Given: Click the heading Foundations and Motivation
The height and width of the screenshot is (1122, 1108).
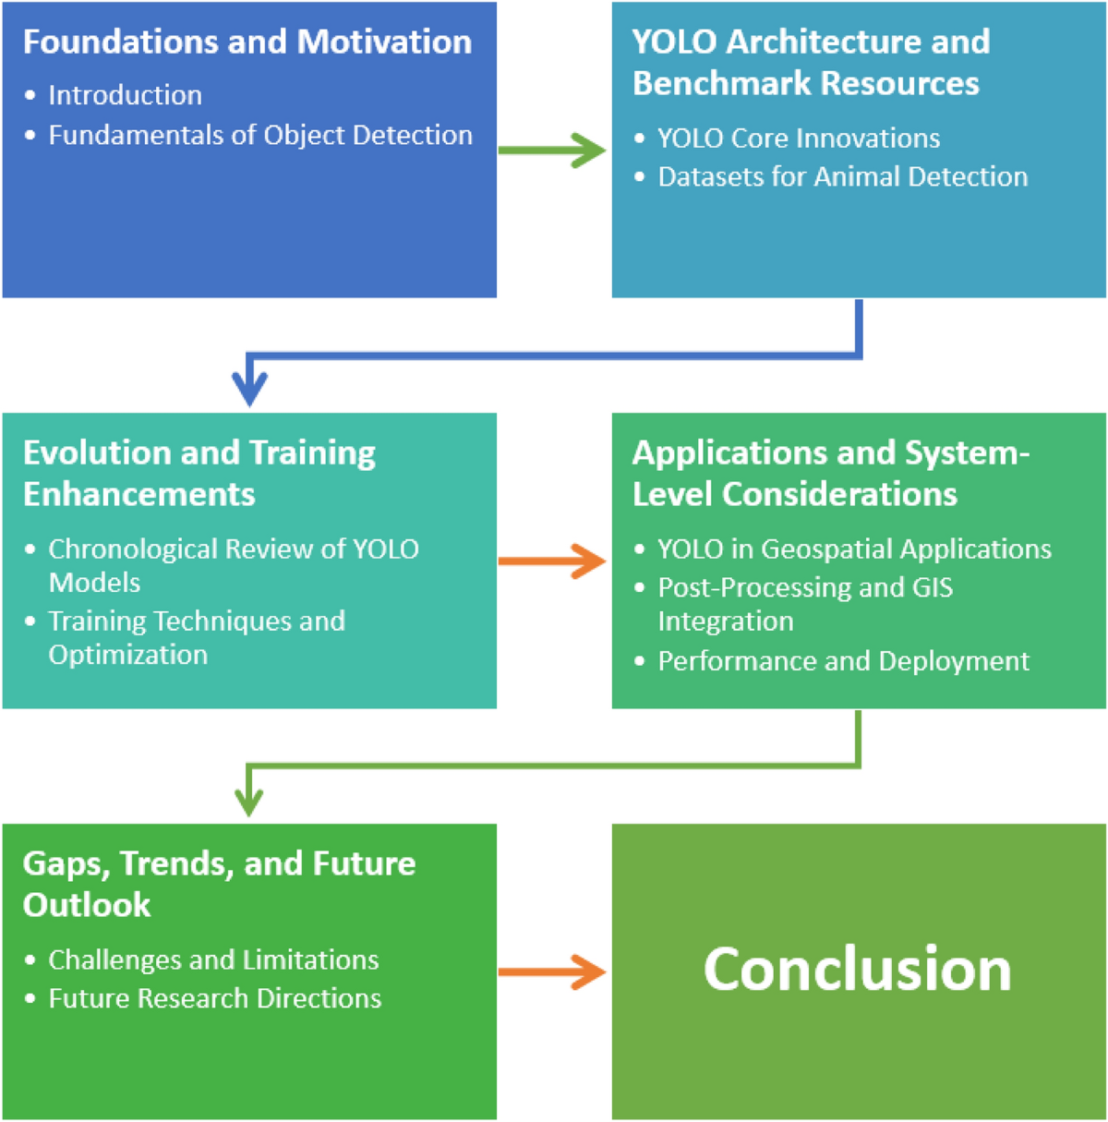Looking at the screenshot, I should (x=247, y=42).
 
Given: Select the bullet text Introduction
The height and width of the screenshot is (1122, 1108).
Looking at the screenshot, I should (x=125, y=95).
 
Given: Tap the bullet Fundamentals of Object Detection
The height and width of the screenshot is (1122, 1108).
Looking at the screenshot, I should (x=259, y=135).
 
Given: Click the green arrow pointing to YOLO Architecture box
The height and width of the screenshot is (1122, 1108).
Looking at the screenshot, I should (x=552, y=150).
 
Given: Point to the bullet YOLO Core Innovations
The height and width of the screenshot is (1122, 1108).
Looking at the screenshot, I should (x=798, y=139).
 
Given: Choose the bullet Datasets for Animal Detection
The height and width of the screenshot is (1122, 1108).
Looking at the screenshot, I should (x=842, y=176).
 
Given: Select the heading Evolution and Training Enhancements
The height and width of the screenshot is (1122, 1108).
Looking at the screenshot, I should (x=199, y=473).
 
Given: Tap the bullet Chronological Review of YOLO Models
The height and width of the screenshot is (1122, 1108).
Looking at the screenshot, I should (x=233, y=565).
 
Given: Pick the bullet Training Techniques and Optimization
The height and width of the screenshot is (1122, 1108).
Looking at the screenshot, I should (x=196, y=637).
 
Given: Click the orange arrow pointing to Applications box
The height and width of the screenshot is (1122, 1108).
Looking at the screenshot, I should (x=552, y=561).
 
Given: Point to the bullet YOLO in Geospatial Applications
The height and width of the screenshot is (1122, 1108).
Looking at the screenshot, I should (x=854, y=549).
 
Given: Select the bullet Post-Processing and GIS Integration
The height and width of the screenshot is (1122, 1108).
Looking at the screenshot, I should (x=804, y=604).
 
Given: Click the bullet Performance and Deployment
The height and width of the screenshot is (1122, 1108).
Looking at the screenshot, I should (x=843, y=661).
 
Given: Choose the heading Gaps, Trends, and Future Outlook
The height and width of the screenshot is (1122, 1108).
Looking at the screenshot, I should (x=219, y=884).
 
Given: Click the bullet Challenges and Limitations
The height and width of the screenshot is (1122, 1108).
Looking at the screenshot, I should (x=213, y=960).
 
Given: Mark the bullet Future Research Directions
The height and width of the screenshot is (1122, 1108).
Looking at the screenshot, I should (x=214, y=998).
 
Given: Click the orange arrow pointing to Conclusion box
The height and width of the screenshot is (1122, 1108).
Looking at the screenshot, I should (x=552, y=971).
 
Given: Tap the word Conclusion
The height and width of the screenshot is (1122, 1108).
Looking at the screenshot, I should (x=858, y=970).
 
